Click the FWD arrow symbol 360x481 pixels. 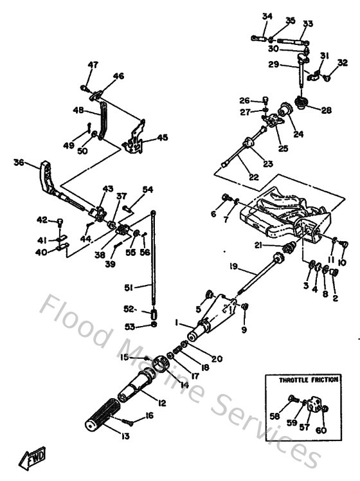click(x=32, y=458)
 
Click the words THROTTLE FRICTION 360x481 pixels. click(x=308, y=380)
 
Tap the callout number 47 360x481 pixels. click(x=94, y=64)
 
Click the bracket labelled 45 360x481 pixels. click(x=135, y=141)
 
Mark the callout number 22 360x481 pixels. click(x=237, y=177)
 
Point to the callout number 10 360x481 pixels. click(x=341, y=262)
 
